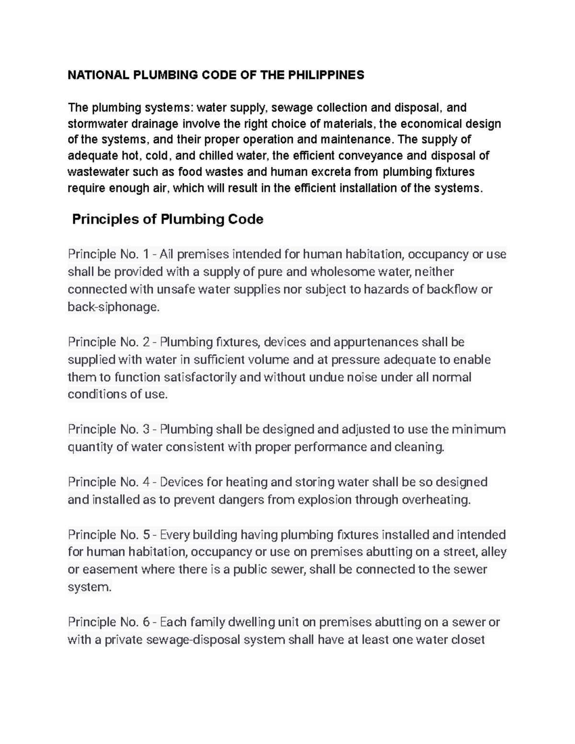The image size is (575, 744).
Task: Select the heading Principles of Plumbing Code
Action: (167, 219)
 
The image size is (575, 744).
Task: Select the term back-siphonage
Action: (113, 307)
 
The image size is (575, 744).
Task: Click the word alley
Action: (494, 552)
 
